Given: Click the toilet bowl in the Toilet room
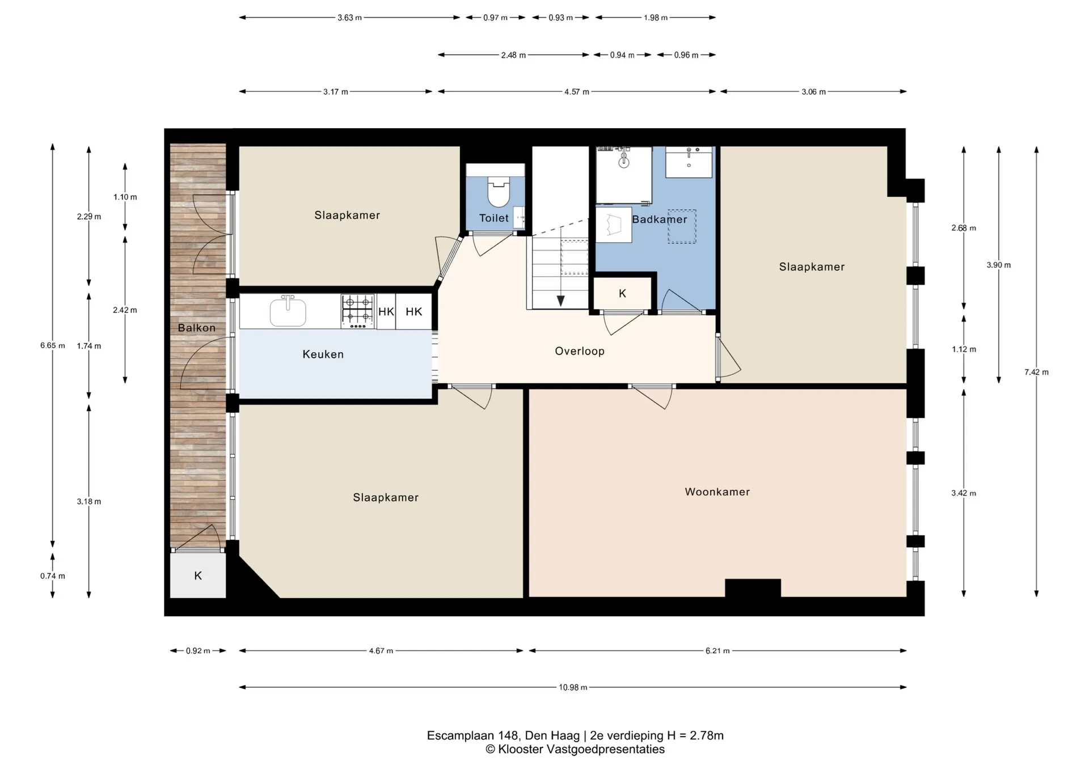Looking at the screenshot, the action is [x=499, y=192].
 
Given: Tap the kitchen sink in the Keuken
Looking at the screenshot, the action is [x=288, y=311].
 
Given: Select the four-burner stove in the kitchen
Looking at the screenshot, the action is [x=357, y=311].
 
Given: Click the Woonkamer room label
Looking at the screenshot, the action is [x=717, y=492].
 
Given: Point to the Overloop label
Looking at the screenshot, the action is [x=580, y=352].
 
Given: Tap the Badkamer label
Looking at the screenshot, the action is [x=660, y=219].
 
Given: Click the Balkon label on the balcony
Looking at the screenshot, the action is [x=197, y=328].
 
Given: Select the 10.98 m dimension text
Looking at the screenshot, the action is [x=573, y=687].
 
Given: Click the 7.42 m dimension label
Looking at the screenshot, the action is [x=1036, y=373].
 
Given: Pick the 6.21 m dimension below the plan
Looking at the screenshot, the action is [x=717, y=651].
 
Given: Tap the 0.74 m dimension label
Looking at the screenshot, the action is [x=53, y=576].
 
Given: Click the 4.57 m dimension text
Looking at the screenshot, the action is [x=577, y=92].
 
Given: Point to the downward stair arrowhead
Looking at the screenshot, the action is [x=560, y=301].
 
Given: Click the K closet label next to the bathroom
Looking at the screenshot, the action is [x=622, y=294].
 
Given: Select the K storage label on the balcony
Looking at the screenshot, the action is [x=198, y=576].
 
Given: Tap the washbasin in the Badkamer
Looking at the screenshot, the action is [x=689, y=162].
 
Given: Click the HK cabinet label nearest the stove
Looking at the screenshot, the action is [x=386, y=312].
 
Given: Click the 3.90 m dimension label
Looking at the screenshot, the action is [x=999, y=265].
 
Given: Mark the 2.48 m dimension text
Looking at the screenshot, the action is [x=513, y=56].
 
